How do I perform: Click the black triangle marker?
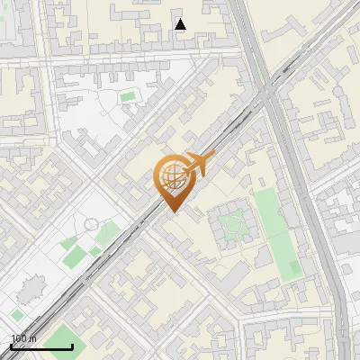pyautogui.click(x=180, y=24)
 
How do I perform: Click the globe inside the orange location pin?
pyautogui.click(x=171, y=175)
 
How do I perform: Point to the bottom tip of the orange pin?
pyautogui.click(x=172, y=212)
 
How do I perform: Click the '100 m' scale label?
pyautogui.click(x=23, y=338)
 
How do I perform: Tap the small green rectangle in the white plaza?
pyautogui.click(x=128, y=95)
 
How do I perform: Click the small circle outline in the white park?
pyautogui.click(x=91, y=224)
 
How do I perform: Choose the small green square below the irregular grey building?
pyautogui.click(x=16, y=316)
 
